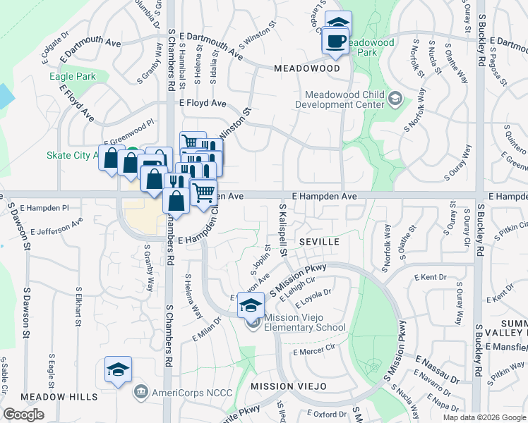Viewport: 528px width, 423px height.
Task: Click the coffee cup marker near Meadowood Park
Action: click(335, 41)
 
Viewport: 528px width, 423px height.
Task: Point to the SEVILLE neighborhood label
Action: click(320, 241)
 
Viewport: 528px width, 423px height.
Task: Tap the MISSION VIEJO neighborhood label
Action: click(288, 386)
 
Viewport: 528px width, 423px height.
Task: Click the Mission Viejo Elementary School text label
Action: click(305, 322)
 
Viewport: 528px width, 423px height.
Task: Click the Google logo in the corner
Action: click(23, 415)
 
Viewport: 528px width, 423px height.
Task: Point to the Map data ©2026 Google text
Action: click(484, 417)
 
